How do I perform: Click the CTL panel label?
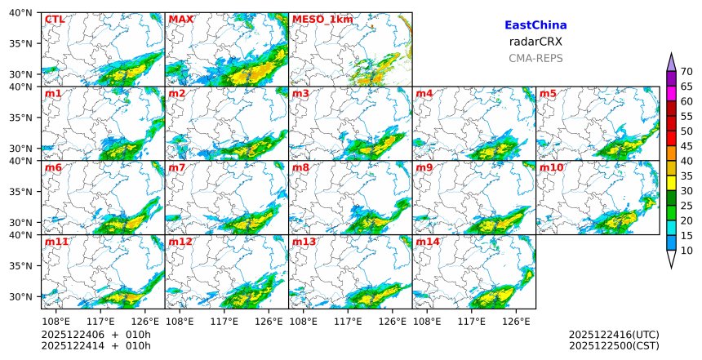[54, 19]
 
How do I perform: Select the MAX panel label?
[180, 19]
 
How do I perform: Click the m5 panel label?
[549, 94]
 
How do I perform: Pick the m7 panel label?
[176, 167]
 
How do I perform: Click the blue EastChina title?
[535, 26]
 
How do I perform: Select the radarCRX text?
[535, 42]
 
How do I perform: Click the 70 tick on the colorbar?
[686, 72]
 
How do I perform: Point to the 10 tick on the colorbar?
[686, 251]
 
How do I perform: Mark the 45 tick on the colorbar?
[686, 146]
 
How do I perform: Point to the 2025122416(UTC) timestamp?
[614, 335]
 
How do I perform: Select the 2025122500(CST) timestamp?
[614, 345]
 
